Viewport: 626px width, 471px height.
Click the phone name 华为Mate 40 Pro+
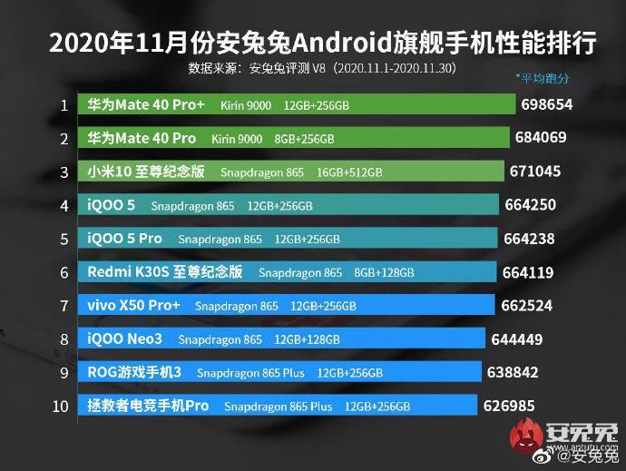click(145, 105)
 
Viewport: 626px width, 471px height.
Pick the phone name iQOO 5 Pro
click(125, 239)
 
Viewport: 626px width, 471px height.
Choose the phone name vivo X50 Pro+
click(134, 306)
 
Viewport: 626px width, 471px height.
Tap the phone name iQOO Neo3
click(125, 339)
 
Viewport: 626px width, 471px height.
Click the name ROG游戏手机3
click(135, 372)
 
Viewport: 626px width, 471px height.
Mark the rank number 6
click(64, 272)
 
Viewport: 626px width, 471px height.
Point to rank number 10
click(61, 406)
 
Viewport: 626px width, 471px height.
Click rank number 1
click(64, 105)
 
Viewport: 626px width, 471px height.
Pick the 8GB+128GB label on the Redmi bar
click(384, 272)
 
